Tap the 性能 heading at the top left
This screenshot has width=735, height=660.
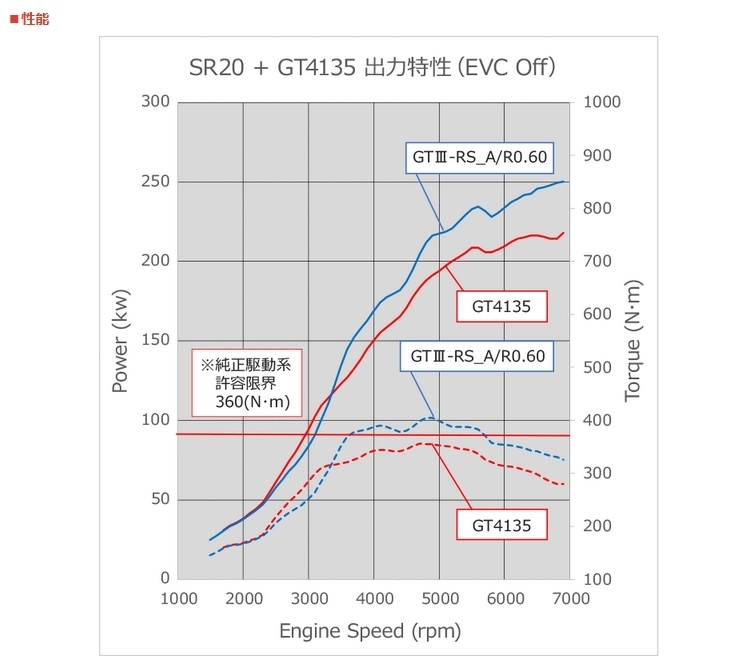click(x=30, y=18)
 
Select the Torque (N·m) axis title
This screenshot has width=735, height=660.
click(x=632, y=340)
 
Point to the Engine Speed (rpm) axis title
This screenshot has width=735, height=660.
click(x=370, y=631)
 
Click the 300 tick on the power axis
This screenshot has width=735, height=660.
click(x=155, y=102)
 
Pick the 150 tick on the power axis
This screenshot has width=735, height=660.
click(x=155, y=340)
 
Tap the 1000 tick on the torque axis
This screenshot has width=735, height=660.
click(x=601, y=102)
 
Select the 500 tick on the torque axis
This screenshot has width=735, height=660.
click(x=597, y=367)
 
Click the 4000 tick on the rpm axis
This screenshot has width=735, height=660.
click(x=374, y=598)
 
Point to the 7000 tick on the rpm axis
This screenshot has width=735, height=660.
click(x=570, y=598)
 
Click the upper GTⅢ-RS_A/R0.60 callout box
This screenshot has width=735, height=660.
click(x=479, y=157)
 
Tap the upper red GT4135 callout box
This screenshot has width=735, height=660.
click(x=501, y=306)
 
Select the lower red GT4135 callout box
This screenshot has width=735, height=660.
click(x=501, y=523)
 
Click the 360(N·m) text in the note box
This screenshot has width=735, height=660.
click(x=249, y=402)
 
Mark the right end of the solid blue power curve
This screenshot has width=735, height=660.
click(x=564, y=181)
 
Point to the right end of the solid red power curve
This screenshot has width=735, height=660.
click(x=564, y=233)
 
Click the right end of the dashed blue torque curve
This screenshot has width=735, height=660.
click(x=564, y=460)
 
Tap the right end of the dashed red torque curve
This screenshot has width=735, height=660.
click(x=564, y=484)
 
